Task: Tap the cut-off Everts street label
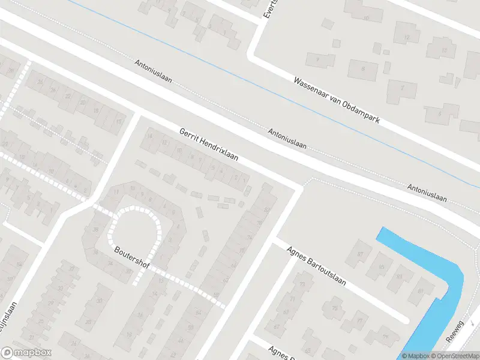(268, 9)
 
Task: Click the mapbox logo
(26, 353)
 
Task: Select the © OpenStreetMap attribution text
(455, 356)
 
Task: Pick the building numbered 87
(360, 254)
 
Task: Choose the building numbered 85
(382, 265)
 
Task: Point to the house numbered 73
(302, 284)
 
